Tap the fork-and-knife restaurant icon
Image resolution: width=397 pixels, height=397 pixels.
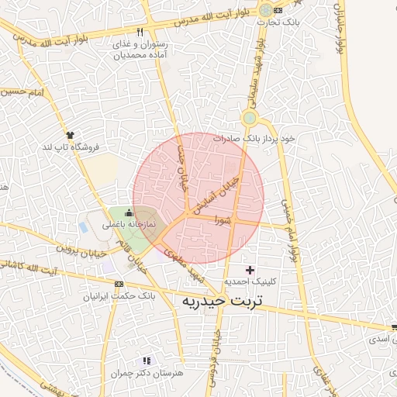140,33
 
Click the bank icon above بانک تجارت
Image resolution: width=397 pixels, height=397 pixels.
267,10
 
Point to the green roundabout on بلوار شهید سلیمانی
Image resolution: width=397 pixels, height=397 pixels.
250,119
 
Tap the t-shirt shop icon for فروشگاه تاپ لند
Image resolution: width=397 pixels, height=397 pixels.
71,134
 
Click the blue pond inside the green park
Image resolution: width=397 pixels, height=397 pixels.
84,227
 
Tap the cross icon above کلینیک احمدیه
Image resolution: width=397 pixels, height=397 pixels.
250,270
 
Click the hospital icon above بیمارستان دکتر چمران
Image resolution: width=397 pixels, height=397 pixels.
147,361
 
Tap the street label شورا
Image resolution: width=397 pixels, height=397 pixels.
223,219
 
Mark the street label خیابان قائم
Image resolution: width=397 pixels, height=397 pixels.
133,252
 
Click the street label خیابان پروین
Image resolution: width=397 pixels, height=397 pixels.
78,249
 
